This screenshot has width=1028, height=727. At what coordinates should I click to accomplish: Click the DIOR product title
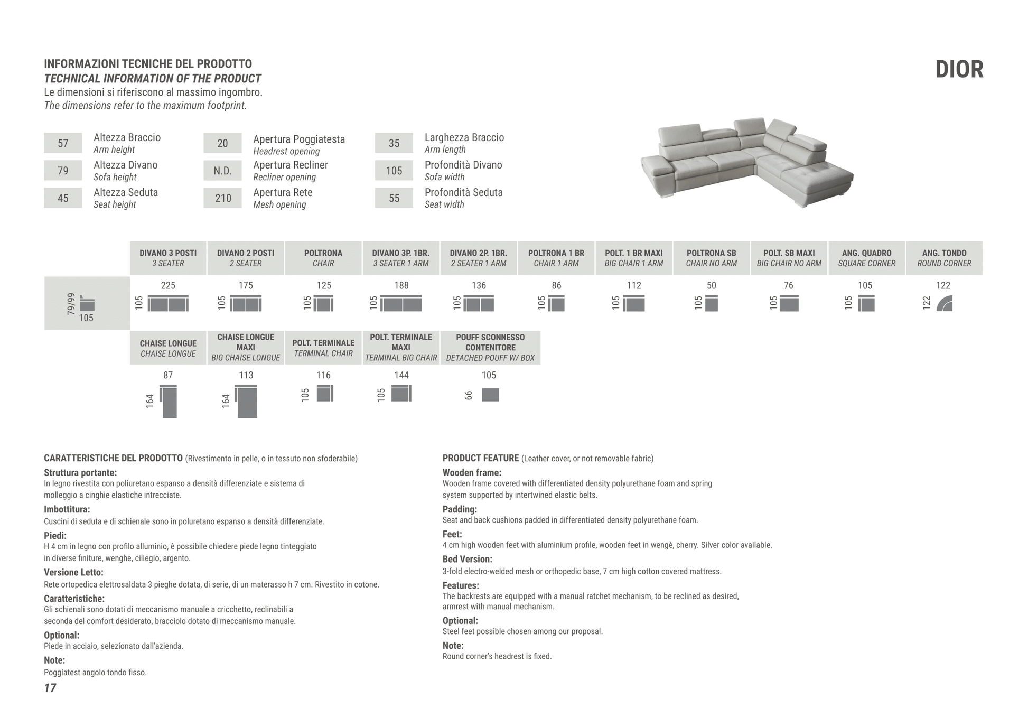coord(959,69)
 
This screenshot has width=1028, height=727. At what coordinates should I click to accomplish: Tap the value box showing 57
coord(63,143)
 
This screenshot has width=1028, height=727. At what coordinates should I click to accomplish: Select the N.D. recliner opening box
coord(222,171)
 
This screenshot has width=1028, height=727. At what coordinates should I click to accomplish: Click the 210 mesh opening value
coord(222,198)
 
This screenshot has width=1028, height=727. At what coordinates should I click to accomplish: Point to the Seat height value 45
coord(63,198)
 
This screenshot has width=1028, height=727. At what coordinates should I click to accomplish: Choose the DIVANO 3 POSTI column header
coord(168,258)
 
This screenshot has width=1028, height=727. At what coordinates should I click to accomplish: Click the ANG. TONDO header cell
coord(944,258)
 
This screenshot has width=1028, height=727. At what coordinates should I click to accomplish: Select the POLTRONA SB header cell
coord(711,258)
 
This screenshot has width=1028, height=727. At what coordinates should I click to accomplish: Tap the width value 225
coord(168,285)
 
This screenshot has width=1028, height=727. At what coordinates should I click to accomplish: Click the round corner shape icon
coord(945,304)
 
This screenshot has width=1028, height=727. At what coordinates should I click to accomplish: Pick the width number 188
coord(401,285)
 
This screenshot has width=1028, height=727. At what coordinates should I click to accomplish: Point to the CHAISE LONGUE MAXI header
coord(246,347)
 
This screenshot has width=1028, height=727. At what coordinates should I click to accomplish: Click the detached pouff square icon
coord(490,395)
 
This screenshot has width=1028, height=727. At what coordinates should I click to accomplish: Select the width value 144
coord(401,375)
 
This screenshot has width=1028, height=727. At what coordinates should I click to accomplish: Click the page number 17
coord(50,688)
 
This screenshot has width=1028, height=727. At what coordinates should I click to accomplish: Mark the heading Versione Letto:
coord(73,572)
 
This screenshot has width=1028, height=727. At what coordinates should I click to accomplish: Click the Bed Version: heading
coord(467,559)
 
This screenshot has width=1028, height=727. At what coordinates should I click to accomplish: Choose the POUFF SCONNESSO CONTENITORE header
coord(490,347)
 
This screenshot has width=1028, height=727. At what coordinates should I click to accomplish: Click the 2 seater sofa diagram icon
coord(246,304)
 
